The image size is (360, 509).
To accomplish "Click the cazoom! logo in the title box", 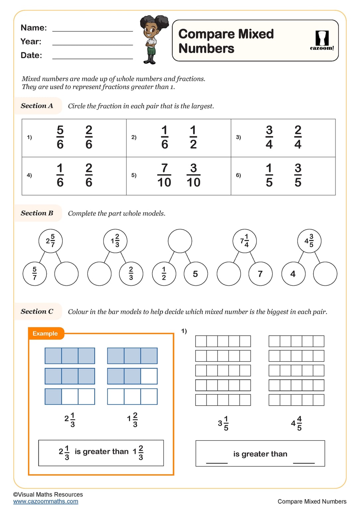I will tap(322, 40).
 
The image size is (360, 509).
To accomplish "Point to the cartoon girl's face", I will tap(150, 31).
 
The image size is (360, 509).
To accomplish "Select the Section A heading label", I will tap(37, 106).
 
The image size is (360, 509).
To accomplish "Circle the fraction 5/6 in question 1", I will tap(60, 137).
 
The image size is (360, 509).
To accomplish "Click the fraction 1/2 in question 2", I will tap(193, 137).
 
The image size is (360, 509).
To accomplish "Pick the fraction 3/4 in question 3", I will tap(269, 137).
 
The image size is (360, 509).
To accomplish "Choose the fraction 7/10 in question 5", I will tap(164, 175).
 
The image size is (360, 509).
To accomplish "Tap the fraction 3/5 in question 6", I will tap(298, 175).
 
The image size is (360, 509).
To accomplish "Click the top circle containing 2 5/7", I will tap(50, 241).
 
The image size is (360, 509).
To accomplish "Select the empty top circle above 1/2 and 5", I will tap(180, 241).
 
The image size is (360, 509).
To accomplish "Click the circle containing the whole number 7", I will tap(261, 274).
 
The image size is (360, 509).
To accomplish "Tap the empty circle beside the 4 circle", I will tap(325, 274).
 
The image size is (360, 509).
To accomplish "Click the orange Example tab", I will tap(46, 333).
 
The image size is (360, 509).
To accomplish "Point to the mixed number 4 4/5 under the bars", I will tap(296, 423).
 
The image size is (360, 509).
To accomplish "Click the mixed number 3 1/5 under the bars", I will tap(223, 423).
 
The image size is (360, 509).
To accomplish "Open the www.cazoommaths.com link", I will tap(46, 501).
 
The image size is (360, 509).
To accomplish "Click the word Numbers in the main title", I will tap(206, 48).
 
